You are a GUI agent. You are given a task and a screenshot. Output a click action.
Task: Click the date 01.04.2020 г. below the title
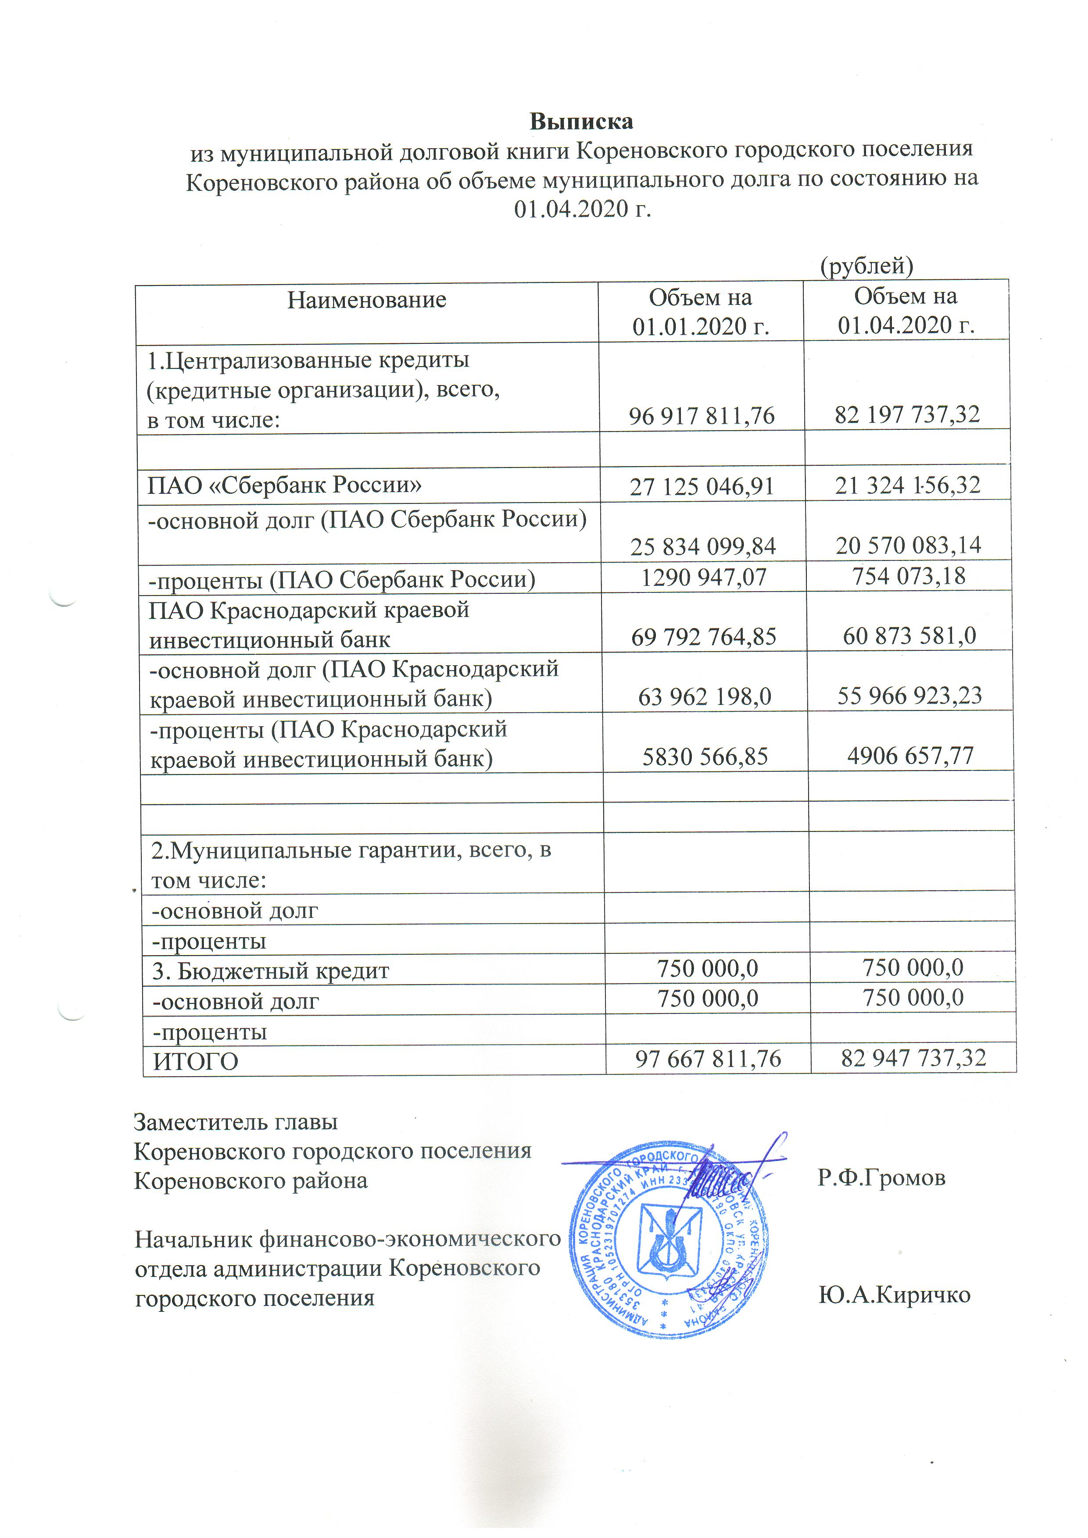[x=582, y=209]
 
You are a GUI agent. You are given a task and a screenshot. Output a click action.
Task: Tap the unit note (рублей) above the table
[x=867, y=266]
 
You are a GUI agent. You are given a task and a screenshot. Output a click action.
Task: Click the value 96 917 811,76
[x=701, y=416]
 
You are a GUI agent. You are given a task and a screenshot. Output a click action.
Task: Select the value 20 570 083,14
[x=908, y=545]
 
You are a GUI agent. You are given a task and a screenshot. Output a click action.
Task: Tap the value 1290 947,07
[x=703, y=576]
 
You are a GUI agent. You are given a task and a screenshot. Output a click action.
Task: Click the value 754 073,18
[x=909, y=575]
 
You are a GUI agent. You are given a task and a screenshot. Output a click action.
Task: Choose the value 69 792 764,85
[x=703, y=636]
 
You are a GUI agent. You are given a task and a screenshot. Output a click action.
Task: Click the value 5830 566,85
[x=705, y=756]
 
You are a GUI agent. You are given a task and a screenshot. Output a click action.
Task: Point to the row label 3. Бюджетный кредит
[x=271, y=971]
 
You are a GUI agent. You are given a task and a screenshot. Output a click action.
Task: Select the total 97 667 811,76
[x=708, y=1058]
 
